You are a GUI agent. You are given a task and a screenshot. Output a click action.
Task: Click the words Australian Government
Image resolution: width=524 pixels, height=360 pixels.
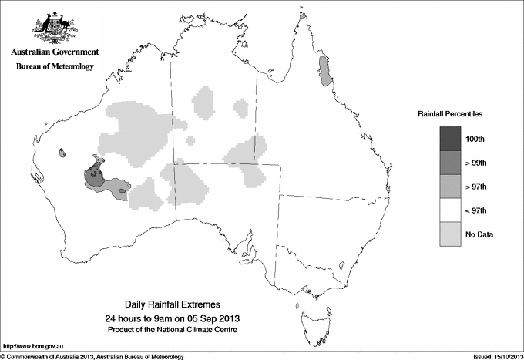coord(54,52)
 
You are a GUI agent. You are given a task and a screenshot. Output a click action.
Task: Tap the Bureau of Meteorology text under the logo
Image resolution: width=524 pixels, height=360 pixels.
coord(55,67)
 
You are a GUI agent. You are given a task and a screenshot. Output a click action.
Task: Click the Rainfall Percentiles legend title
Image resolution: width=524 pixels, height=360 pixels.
coord(450,114)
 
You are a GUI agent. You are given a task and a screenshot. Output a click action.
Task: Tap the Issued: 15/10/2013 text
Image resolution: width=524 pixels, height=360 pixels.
coord(493,355)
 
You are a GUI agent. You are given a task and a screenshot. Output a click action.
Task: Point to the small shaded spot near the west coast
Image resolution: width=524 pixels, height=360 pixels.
coord(61,153)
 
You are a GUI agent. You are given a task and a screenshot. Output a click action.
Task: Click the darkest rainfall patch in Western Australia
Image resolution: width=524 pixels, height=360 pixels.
coord(95,174)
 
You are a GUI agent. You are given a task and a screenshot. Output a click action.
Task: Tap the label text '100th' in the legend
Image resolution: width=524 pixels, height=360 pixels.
coord(475,139)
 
